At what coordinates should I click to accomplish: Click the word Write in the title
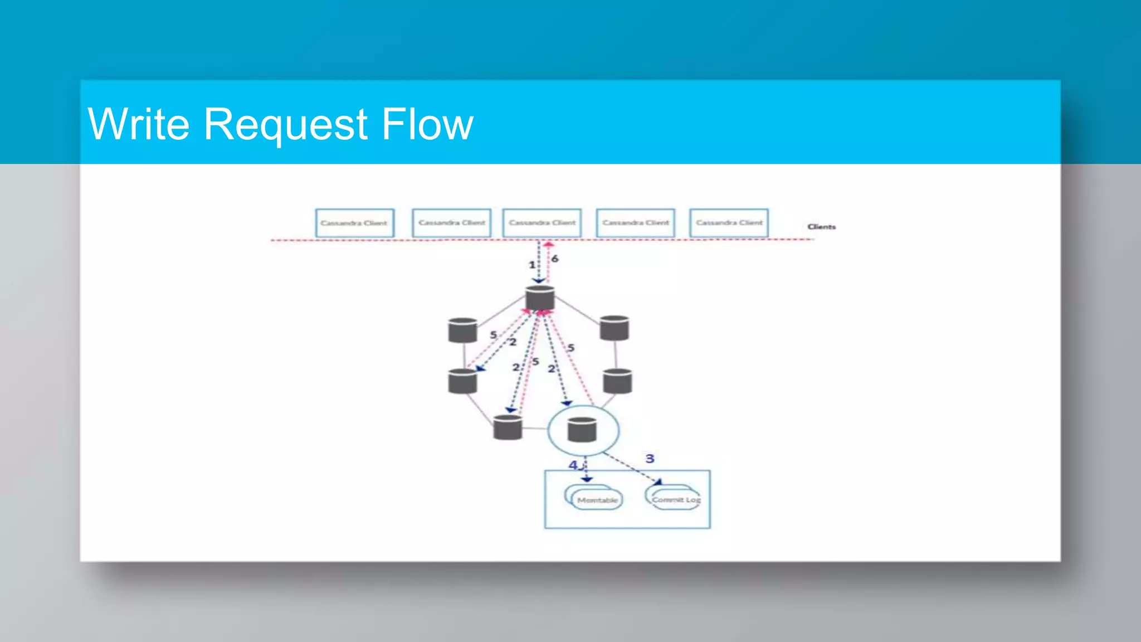pyautogui.click(x=139, y=124)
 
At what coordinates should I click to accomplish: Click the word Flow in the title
pyautogui.click(x=427, y=124)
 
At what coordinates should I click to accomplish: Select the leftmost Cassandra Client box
pyautogui.click(x=354, y=223)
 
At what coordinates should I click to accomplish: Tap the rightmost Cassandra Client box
pyautogui.click(x=729, y=223)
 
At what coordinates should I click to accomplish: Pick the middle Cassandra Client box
pyautogui.click(x=542, y=223)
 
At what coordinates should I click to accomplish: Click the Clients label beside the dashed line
pyautogui.click(x=821, y=227)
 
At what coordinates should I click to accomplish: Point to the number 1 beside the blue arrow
pyautogui.click(x=532, y=265)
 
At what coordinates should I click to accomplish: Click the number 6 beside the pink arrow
pyautogui.click(x=554, y=259)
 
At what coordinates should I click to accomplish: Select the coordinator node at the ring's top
pyautogui.click(x=540, y=298)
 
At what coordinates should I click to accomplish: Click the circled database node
pyautogui.click(x=582, y=430)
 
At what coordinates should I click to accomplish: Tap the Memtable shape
pyautogui.click(x=597, y=499)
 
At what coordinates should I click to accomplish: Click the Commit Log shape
pyautogui.click(x=676, y=499)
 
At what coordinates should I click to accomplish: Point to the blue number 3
pyautogui.click(x=650, y=459)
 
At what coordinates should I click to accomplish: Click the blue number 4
pyautogui.click(x=573, y=465)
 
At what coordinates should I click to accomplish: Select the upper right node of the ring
pyautogui.click(x=615, y=328)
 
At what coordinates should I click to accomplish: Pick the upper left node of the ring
pyautogui.click(x=462, y=330)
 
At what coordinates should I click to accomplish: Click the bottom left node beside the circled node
pyautogui.click(x=508, y=427)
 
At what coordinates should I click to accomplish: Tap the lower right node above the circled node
pyautogui.click(x=617, y=381)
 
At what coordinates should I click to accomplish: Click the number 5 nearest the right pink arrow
pyautogui.click(x=570, y=348)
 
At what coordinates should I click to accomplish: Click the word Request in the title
pyautogui.click(x=285, y=124)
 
